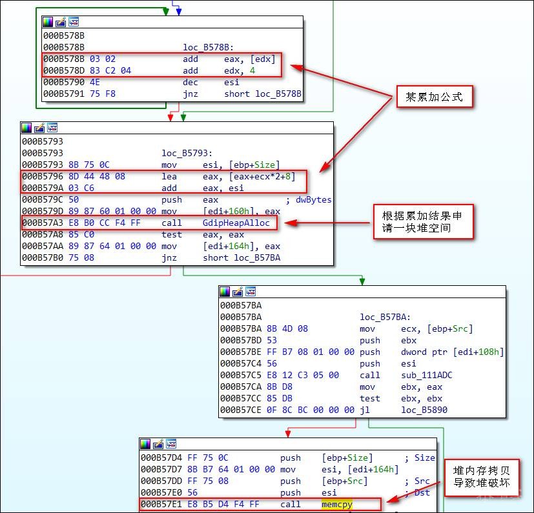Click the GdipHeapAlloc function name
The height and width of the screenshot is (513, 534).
click(236, 223)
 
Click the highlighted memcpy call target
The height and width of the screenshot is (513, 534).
click(337, 504)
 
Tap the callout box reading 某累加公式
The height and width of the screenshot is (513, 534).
click(429, 97)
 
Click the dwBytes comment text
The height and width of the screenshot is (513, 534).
click(314, 199)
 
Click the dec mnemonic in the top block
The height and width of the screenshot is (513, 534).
click(191, 83)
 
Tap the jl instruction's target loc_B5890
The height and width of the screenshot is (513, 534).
click(424, 410)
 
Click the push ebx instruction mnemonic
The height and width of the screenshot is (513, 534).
click(370, 340)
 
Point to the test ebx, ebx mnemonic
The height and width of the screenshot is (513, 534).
click(370, 398)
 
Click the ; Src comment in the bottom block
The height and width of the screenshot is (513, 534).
click(419, 481)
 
